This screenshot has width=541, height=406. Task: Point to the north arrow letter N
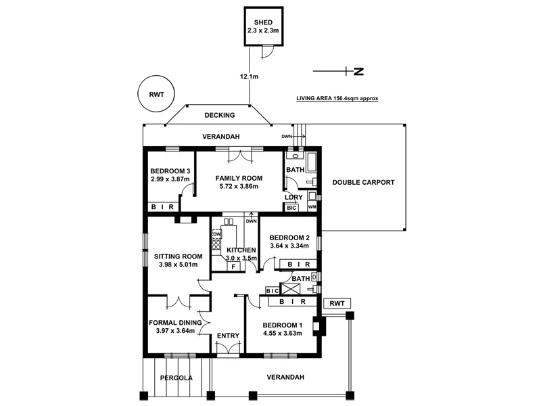[359, 71]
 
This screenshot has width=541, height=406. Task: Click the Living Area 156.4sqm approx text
[337, 98]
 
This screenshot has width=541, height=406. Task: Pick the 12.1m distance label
[249, 77]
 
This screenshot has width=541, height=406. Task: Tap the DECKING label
[219, 116]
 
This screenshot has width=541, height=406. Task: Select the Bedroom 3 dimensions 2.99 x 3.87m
[170, 179]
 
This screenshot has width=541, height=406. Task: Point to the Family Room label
[239, 178]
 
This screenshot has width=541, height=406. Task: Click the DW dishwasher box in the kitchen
[217, 234]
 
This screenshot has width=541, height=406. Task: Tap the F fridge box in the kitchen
[233, 267]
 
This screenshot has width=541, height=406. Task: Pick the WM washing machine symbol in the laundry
[312, 206]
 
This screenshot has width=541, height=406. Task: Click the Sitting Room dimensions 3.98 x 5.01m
[179, 265]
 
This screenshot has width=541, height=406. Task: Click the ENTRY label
[228, 336]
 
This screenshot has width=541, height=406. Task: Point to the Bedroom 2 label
[289, 238]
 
